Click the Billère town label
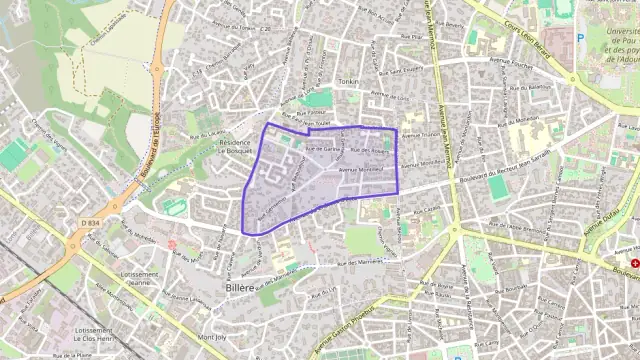(x=231, y=286)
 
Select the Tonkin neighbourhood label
(x=348, y=82)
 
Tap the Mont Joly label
(x=212, y=337)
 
